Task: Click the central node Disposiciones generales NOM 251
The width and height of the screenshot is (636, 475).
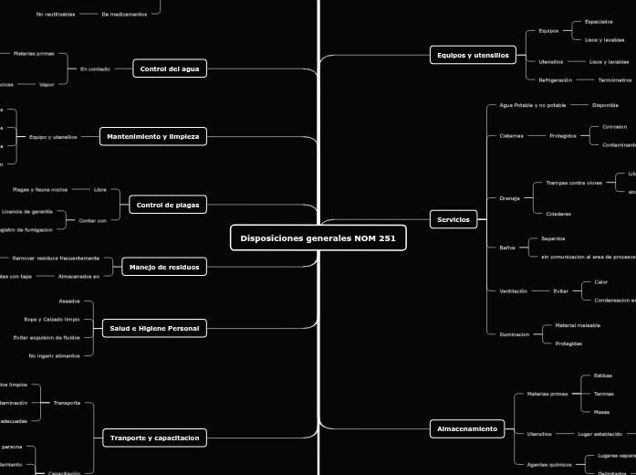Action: click(318, 238)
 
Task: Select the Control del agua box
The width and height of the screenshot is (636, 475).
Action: click(171, 69)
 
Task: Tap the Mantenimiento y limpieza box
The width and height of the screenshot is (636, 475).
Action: click(152, 136)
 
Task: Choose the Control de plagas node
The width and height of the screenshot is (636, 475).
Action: click(168, 205)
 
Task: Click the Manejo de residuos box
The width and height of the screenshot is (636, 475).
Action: click(163, 267)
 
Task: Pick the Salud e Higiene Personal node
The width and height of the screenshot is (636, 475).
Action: click(154, 327)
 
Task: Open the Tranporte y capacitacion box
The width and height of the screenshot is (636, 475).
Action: click(154, 438)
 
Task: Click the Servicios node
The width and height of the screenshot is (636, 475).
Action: click(453, 219)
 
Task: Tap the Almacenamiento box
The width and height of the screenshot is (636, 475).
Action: click(466, 428)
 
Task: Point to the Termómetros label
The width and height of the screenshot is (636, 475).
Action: click(609, 80)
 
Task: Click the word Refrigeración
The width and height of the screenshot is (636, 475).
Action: click(556, 80)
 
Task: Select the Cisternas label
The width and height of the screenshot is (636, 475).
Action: click(511, 135)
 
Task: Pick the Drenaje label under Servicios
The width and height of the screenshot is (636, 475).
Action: click(509, 197)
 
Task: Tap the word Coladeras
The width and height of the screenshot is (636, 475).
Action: click(558, 214)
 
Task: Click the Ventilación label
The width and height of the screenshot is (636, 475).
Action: click(513, 290)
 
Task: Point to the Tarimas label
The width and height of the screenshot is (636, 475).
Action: click(603, 394)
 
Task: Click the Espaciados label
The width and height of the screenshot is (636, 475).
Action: click(599, 21)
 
